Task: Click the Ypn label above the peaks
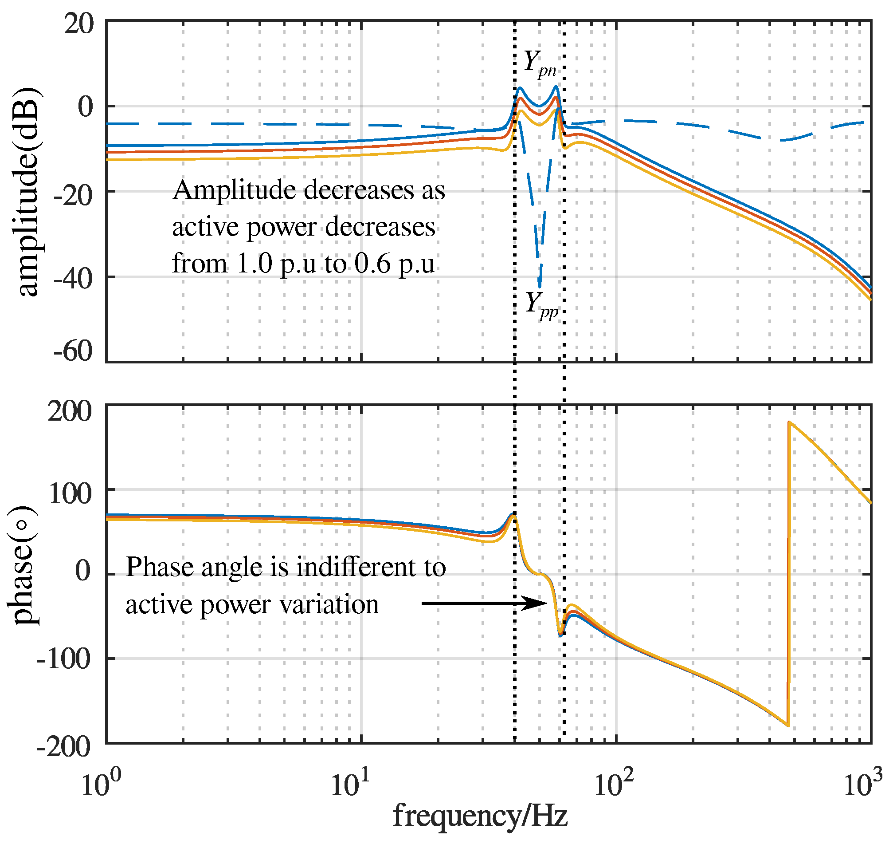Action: (x=540, y=63)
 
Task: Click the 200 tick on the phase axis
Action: (x=70, y=411)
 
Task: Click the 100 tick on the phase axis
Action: (x=70, y=494)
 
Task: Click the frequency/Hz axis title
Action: (x=480, y=816)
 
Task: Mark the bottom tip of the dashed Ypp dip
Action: (x=540, y=287)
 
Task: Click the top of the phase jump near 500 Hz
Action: (x=789, y=422)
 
